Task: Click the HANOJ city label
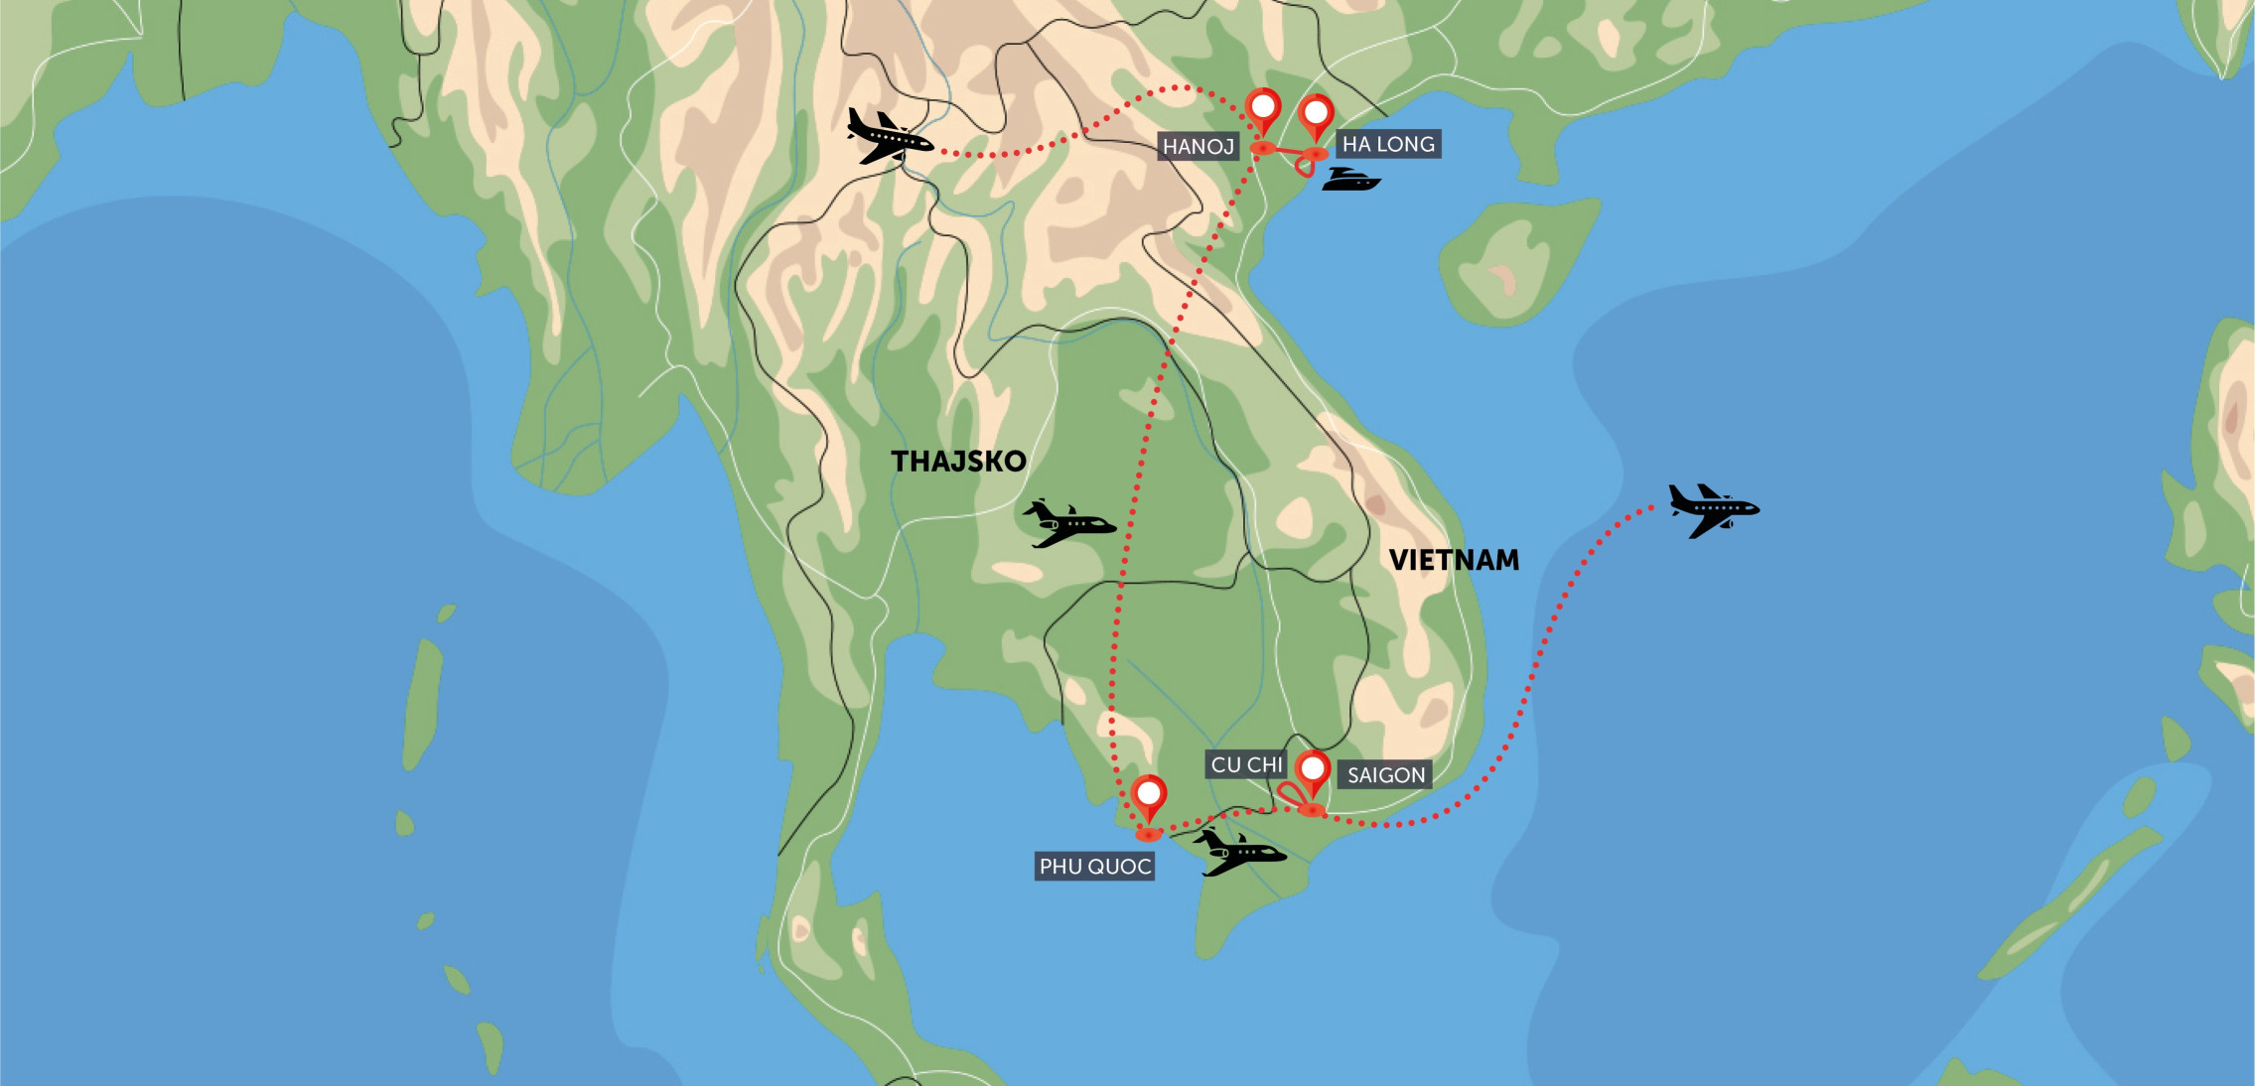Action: click(x=1198, y=147)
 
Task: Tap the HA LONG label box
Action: click(x=1387, y=144)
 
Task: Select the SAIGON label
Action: click(x=1385, y=774)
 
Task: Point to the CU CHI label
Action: click(x=1247, y=764)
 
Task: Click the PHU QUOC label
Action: click(x=1094, y=867)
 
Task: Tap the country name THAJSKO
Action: click(x=958, y=462)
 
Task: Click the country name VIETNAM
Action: click(x=1454, y=560)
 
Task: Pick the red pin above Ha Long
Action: click(x=1316, y=116)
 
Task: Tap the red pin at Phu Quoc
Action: click(x=1149, y=796)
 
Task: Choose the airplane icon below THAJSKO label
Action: click(x=1068, y=523)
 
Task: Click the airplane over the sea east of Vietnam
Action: click(x=1712, y=510)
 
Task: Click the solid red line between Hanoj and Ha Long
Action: click(x=1289, y=151)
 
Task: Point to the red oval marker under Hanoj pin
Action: click(x=1262, y=148)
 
